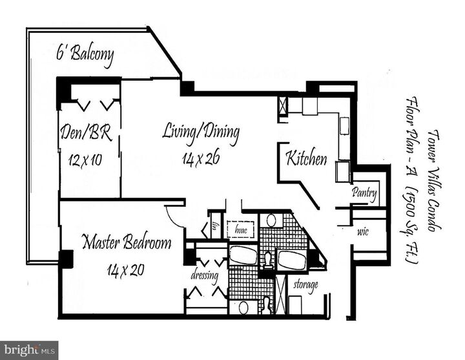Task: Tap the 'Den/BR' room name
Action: click(x=87, y=134)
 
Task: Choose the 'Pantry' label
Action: click(x=364, y=193)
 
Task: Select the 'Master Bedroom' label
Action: click(x=127, y=243)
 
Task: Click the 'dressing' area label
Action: click(x=205, y=276)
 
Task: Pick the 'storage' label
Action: click(x=305, y=285)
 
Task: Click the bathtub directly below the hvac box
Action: click(x=243, y=254)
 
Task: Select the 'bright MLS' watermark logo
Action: click(x=29, y=350)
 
